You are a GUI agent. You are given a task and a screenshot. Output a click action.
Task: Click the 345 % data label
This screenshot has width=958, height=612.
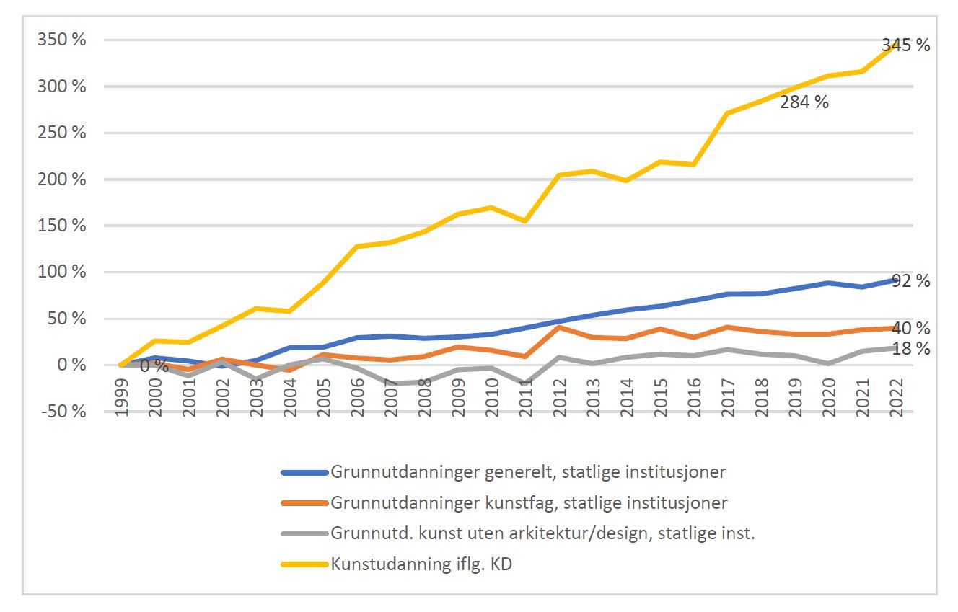[905, 46]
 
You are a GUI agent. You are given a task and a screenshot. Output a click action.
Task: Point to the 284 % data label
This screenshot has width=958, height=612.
[804, 102]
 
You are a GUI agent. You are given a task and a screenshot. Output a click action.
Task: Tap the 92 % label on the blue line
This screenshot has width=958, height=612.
[910, 281]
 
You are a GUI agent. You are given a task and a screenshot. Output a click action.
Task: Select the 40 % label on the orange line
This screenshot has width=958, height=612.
[911, 329]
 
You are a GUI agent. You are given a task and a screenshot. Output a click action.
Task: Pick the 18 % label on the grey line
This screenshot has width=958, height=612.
[911, 349]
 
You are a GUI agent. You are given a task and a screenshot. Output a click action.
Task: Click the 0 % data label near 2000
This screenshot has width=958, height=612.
[154, 366]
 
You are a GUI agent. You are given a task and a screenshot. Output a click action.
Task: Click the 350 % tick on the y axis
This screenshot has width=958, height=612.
[61, 40]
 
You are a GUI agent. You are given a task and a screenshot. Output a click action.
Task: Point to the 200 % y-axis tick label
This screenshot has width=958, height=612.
[61, 179]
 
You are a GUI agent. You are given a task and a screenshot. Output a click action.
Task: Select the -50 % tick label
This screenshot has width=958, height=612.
[61, 412]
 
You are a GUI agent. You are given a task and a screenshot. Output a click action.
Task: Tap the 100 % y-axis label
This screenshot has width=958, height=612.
[61, 272]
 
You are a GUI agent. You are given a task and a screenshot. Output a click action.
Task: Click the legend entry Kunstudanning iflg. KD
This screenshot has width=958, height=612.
[421, 564]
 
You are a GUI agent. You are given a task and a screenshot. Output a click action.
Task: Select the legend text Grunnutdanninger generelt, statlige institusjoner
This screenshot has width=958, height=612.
[528, 472]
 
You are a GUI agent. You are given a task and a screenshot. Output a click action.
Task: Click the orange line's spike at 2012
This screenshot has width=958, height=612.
[560, 327]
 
